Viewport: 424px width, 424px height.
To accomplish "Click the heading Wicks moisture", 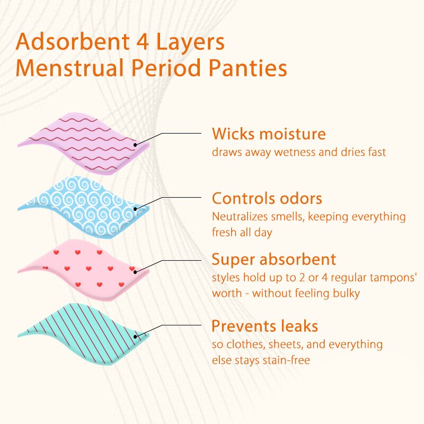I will point(269,134).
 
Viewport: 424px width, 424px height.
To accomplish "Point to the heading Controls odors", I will point(267,199).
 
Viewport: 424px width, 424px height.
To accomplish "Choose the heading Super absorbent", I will point(273,259).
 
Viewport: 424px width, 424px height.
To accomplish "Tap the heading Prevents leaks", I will point(264,325).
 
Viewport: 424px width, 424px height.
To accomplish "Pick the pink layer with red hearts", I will point(79,268).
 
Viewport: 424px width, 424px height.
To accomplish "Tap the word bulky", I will point(347,293).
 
